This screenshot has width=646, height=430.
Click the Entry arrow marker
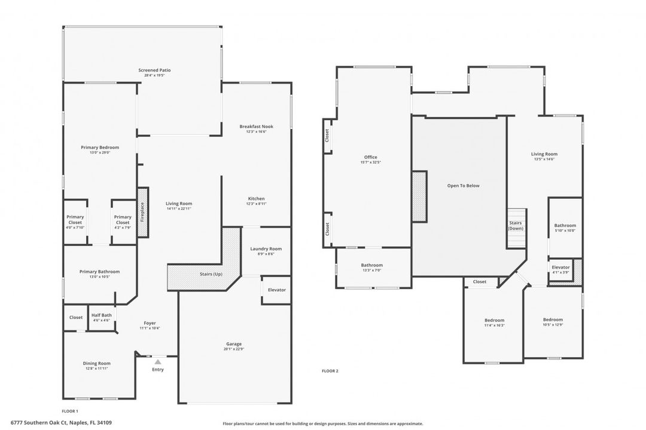pos(158,361)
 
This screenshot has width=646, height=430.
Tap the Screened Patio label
pos(151,70)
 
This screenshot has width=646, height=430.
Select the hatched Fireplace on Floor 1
pos(143,212)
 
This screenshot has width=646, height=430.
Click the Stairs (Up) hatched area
pos(211,274)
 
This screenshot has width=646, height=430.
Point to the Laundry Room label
pos(266,248)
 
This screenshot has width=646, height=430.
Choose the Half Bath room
pos(102,317)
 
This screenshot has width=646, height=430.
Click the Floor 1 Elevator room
pos(276,290)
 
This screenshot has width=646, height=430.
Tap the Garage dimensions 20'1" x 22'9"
pos(234,349)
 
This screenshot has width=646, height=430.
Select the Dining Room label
pos(96,363)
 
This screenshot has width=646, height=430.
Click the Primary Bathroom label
pos(99,271)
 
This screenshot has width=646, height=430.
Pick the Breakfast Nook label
pos(256,127)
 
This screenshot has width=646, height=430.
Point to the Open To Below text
pos(463,186)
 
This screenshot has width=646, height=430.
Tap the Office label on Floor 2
pos(370,157)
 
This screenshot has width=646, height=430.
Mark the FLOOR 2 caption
pos(330,371)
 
